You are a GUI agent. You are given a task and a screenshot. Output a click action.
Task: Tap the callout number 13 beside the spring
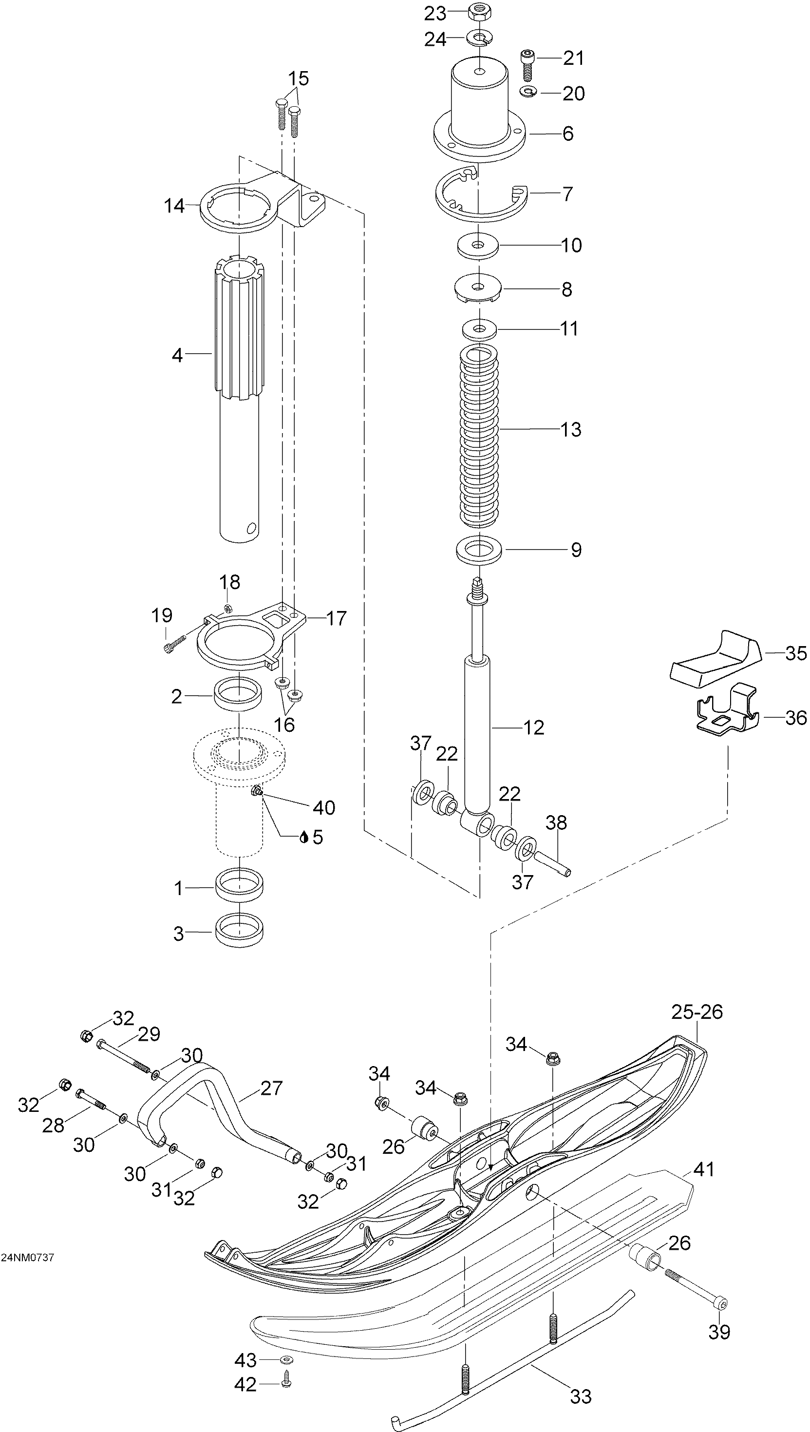tap(571, 429)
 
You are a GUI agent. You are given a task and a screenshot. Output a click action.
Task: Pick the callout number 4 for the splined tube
tap(177, 355)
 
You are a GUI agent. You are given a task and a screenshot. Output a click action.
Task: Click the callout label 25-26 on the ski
tap(697, 1012)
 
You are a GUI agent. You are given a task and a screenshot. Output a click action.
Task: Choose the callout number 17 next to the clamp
tap(336, 618)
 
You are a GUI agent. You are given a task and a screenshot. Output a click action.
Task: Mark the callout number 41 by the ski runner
tap(704, 1169)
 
